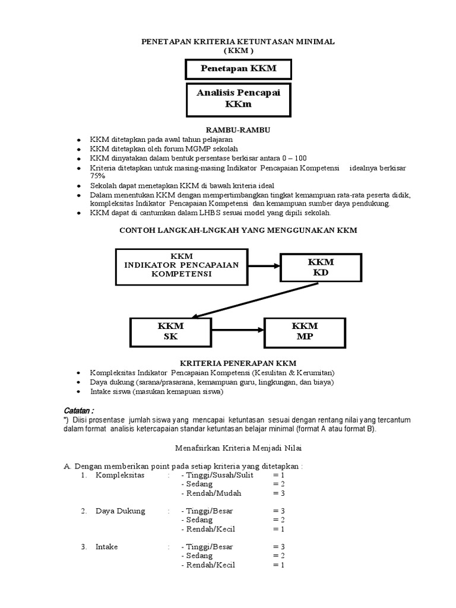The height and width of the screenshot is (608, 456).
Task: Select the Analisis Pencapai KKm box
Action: click(238, 99)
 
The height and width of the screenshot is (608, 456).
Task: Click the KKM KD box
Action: click(321, 268)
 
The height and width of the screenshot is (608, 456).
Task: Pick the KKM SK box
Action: click(170, 331)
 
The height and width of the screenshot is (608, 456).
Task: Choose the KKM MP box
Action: click(305, 331)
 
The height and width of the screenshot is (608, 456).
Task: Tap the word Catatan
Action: click(79, 411)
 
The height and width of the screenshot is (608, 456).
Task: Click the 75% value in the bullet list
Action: click(97, 176)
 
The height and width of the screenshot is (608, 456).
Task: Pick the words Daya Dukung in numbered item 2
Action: click(120, 511)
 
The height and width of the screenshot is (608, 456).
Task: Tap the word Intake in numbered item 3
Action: click(107, 546)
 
